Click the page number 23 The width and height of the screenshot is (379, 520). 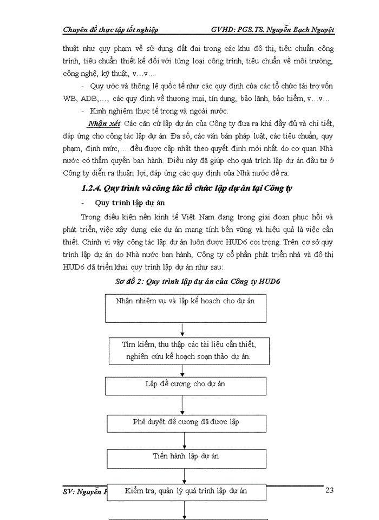329,490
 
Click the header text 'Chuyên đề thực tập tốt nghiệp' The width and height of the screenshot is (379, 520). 110,29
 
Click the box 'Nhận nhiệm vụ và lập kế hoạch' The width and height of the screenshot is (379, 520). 185,307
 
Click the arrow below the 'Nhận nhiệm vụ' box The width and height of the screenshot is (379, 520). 184,329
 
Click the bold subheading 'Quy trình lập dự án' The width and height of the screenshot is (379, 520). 125,204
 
